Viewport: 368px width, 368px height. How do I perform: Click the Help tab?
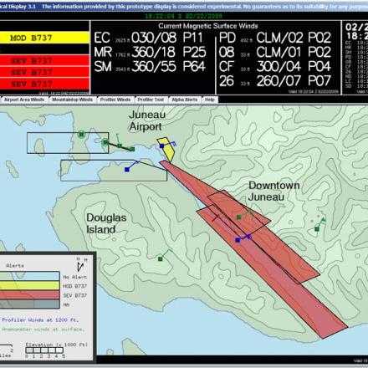[211, 99]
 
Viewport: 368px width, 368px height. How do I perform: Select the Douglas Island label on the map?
[106, 222]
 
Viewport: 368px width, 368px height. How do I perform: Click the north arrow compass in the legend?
[79, 263]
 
